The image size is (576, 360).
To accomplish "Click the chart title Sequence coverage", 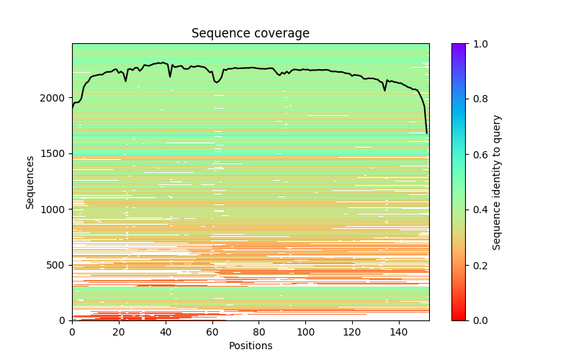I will click(250, 34).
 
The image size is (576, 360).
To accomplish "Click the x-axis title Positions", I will click(250, 346).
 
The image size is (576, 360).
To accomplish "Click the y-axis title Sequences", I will click(30, 181).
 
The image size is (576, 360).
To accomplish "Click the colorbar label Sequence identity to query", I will click(497, 181).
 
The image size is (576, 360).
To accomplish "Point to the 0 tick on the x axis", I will click(72, 332).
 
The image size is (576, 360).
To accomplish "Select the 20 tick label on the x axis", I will click(119, 332).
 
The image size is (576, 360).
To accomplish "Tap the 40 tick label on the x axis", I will click(166, 332).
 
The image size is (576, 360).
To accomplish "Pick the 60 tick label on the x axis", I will click(212, 332).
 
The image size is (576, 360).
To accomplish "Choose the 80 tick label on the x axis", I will click(259, 332).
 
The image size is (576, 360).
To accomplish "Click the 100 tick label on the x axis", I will click(306, 332).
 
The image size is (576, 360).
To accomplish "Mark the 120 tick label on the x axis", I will click(353, 332).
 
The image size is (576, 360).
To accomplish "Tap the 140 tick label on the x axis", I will click(400, 332).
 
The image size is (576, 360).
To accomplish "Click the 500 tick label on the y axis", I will click(56, 265).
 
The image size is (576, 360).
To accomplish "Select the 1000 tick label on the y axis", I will click(53, 210).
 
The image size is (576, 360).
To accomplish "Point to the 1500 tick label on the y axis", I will click(53, 153).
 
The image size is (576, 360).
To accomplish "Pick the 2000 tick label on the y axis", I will click(53, 98).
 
